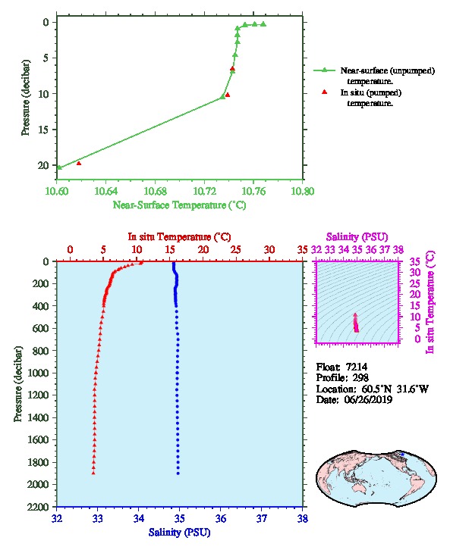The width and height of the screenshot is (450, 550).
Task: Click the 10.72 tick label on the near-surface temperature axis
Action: (x=204, y=191)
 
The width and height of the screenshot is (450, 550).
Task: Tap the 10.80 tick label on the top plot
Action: (x=303, y=191)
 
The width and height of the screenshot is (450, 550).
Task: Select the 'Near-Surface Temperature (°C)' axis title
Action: (x=180, y=205)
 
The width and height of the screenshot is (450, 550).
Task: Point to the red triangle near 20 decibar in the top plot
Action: (x=79, y=163)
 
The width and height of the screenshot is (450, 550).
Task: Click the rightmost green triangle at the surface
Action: (x=263, y=24)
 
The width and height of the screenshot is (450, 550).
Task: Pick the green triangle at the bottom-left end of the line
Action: (x=59, y=167)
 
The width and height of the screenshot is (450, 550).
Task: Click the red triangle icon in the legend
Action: (x=324, y=92)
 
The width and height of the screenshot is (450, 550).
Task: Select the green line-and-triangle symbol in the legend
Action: (x=324, y=70)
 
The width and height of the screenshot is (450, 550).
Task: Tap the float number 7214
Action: (x=357, y=367)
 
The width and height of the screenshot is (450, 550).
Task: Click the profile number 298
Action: (x=360, y=378)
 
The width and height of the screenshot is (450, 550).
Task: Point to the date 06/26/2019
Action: (x=368, y=399)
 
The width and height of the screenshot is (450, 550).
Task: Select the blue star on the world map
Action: (x=403, y=455)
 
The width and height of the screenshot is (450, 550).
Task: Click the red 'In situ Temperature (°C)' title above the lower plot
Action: (x=179, y=237)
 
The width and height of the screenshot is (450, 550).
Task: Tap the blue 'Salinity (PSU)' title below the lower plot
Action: (x=180, y=533)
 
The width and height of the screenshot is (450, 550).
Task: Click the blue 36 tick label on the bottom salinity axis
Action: (x=221, y=518)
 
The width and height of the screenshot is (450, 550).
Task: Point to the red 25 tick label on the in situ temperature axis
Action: (x=236, y=250)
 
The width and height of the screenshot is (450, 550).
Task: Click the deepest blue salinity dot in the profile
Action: (x=178, y=473)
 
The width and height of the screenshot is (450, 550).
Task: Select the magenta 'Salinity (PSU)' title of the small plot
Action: (x=357, y=237)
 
